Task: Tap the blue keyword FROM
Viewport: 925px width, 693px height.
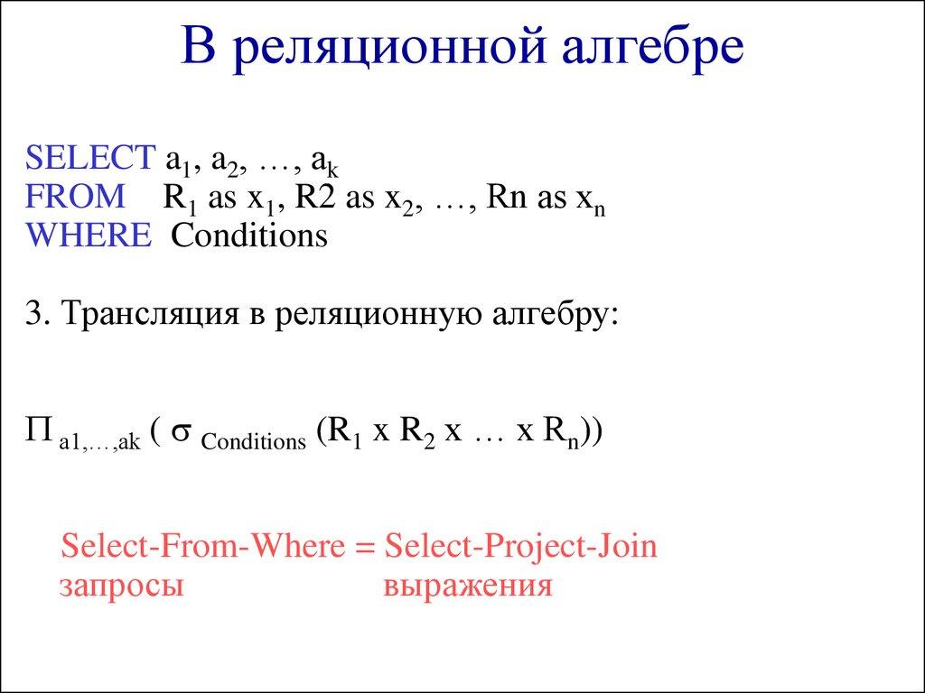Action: (x=77, y=195)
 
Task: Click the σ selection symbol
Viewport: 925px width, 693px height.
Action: (x=179, y=434)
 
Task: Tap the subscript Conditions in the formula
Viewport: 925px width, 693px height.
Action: (x=254, y=442)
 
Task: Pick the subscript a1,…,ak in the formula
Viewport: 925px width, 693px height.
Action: (x=98, y=442)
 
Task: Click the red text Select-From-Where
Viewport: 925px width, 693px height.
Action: (x=202, y=547)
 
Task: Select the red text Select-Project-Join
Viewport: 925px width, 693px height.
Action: (x=520, y=547)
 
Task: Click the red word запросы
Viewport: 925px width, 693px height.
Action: (x=121, y=586)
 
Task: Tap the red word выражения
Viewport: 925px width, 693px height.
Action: (x=467, y=586)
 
